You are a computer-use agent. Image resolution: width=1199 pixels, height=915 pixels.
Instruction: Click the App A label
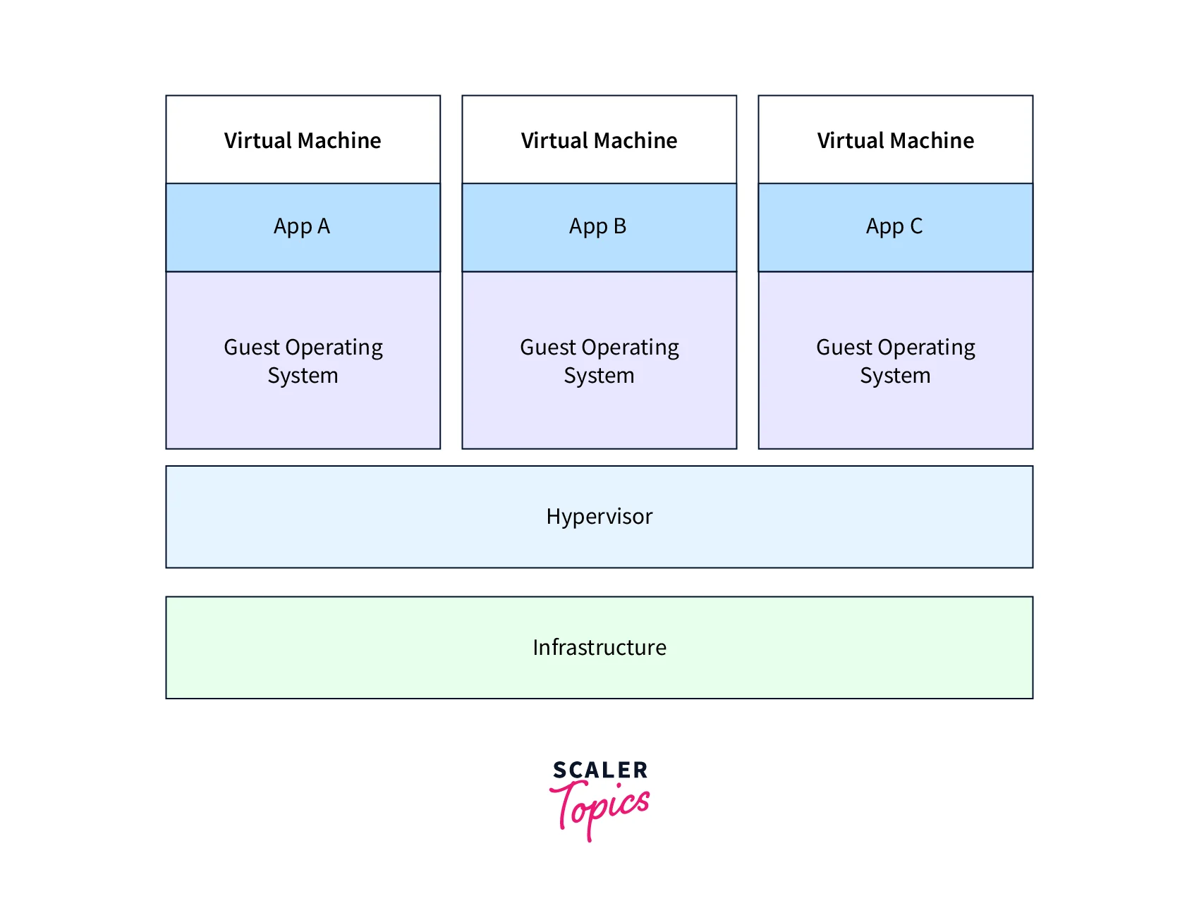point(302,227)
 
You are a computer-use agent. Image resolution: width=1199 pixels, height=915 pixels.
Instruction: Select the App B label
point(598,227)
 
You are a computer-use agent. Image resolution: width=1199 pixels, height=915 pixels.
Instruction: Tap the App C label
point(894,227)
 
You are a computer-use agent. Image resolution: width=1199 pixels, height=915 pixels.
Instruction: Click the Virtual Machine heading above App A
point(303,140)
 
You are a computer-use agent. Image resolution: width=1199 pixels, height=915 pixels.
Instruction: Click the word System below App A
point(303,376)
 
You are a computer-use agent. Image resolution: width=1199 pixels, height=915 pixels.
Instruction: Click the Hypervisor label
point(599,517)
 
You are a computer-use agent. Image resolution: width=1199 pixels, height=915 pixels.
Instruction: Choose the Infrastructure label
point(599,647)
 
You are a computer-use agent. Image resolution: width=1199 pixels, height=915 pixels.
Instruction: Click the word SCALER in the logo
point(600,770)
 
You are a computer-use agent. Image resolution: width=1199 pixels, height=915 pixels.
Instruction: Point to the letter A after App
point(324,226)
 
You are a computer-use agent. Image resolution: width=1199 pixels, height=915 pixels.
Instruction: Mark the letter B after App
point(620,226)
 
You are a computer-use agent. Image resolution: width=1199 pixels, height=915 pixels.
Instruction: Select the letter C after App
point(916,226)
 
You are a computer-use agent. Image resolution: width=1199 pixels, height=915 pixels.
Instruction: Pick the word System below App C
point(895,376)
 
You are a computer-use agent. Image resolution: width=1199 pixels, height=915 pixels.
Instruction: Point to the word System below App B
point(599,376)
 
